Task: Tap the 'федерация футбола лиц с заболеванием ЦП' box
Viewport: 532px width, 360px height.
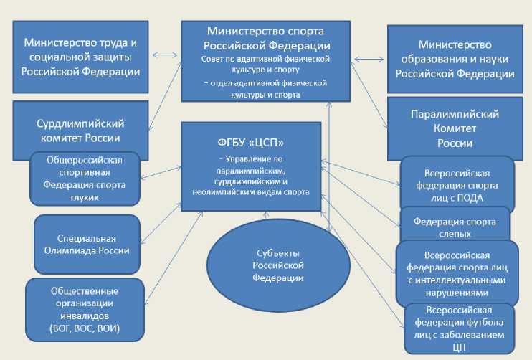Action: pos(460,328)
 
